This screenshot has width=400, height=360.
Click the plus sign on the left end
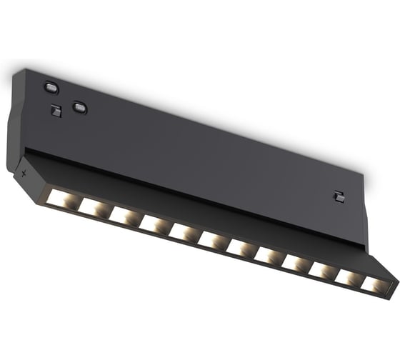(24, 174)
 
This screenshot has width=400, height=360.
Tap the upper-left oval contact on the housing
(50, 87)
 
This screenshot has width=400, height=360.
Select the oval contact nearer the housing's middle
(80, 109)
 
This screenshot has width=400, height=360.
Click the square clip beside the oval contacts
(56, 111)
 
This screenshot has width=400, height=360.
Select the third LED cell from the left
(123, 215)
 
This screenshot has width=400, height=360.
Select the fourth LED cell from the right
(294, 264)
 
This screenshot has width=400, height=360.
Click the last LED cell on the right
(372, 286)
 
